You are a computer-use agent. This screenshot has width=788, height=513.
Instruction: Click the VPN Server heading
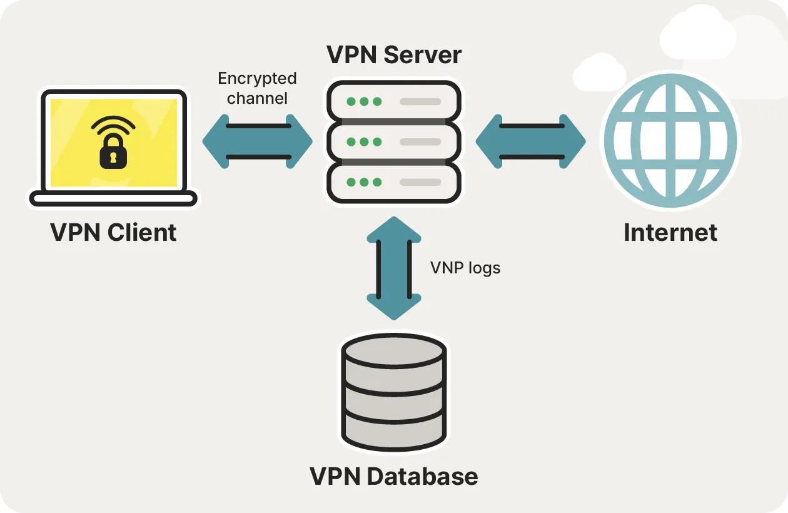[x=394, y=55]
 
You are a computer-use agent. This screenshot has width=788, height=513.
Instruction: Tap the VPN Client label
[x=113, y=233]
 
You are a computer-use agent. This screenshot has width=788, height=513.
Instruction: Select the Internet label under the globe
[x=670, y=233]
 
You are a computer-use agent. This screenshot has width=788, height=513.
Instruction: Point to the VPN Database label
[x=394, y=477]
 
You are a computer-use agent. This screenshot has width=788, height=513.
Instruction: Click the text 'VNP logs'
[x=465, y=268]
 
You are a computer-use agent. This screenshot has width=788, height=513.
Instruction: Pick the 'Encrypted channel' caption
[x=257, y=88]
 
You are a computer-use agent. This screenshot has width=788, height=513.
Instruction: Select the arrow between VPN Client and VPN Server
[x=257, y=141]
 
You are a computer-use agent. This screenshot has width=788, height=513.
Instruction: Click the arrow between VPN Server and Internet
[x=530, y=141]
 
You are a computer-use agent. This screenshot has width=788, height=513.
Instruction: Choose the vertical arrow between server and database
[x=393, y=268]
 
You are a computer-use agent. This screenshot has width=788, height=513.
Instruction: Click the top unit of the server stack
[x=394, y=101]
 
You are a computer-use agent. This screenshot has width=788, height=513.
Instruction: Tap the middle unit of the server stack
[x=394, y=141]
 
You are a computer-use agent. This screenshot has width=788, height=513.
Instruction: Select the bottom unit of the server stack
[x=394, y=183]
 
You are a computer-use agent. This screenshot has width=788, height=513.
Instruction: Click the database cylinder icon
[x=394, y=393]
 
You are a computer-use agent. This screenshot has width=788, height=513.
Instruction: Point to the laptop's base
[x=113, y=200]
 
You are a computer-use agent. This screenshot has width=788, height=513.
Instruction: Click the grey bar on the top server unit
[x=420, y=101]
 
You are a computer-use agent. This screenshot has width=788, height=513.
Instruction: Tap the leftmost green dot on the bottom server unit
[x=351, y=183]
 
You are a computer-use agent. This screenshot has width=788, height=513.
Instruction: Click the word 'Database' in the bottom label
[x=422, y=477]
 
